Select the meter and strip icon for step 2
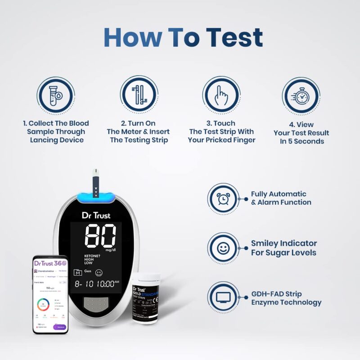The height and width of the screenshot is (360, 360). point(139,95)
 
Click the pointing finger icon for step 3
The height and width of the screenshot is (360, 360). point(221,95)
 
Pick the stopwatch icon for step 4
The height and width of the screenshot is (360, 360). point(301,96)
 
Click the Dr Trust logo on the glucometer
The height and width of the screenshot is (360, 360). point(96,215)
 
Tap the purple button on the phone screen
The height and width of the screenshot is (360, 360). point(59,327)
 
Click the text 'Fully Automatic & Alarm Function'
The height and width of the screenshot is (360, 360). point(281,198)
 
